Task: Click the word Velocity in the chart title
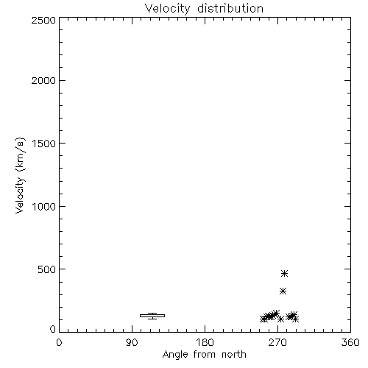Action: [x=168, y=9]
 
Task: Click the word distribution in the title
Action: [x=230, y=8]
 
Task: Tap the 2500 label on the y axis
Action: [x=43, y=20]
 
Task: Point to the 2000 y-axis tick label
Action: [x=43, y=81]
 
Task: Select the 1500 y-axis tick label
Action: [x=44, y=144]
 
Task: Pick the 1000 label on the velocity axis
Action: [x=44, y=207]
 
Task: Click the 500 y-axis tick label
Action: [x=47, y=269]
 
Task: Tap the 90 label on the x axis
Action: [x=132, y=342]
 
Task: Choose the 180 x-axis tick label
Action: [x=205, y=342]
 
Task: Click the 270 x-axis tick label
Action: [x=277, y=342]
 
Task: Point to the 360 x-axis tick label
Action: [x=350, y=342]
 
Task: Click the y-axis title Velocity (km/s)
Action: [x=20, y=175]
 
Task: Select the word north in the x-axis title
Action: [x=234, y=355]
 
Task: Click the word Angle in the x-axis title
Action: [x=175, y=355]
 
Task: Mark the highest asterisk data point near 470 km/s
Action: [x=284, y=273]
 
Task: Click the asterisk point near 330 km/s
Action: [x=283, y=291]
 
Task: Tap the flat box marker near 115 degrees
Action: [x=152, y=316]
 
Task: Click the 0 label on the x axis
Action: [x=59, y=342]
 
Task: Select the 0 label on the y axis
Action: [x=53, y=329]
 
